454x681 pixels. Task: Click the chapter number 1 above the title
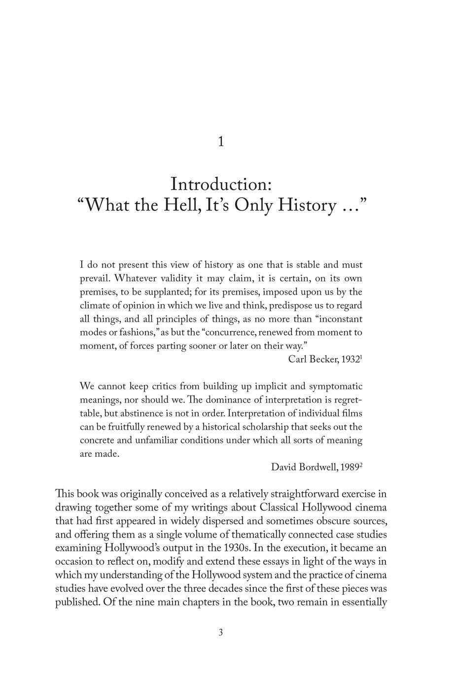coord(221,142)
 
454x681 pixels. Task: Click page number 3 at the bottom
coord(221,633)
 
